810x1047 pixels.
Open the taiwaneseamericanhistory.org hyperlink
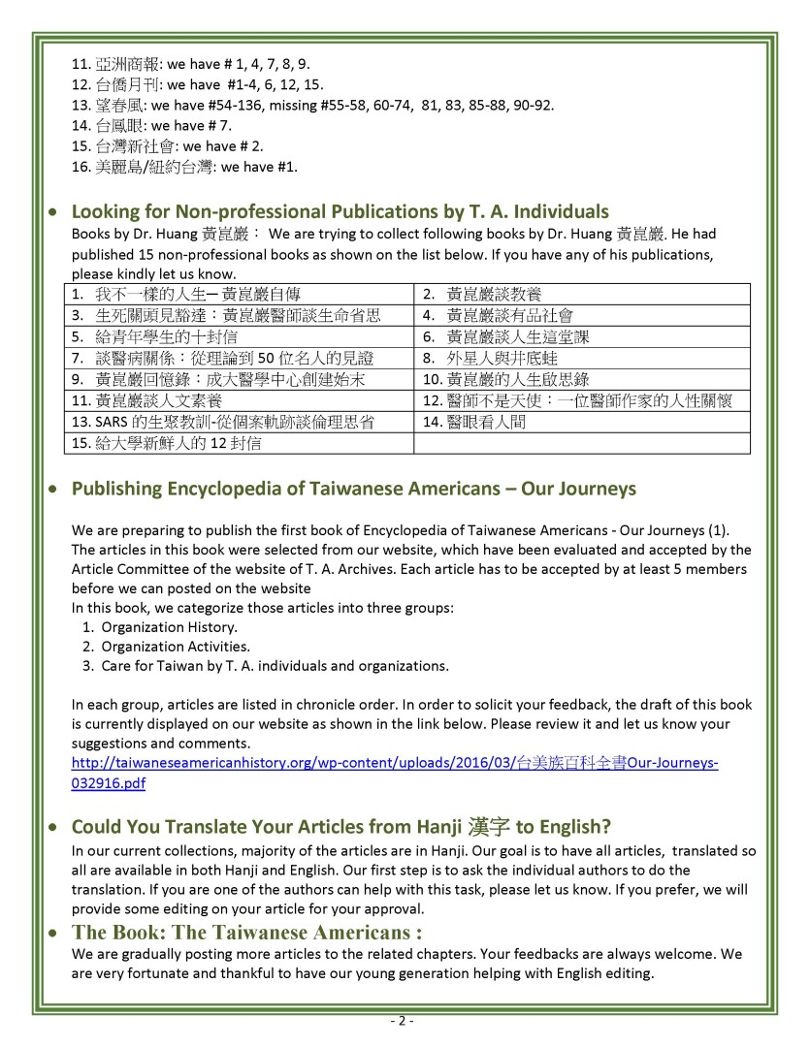coord(395,763)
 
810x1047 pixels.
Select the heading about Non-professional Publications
coord(340,210)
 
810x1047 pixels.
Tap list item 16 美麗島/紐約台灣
coord(184,167)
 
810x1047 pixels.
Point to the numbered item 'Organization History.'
coord(155,626)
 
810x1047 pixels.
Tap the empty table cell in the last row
coord(582,444)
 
